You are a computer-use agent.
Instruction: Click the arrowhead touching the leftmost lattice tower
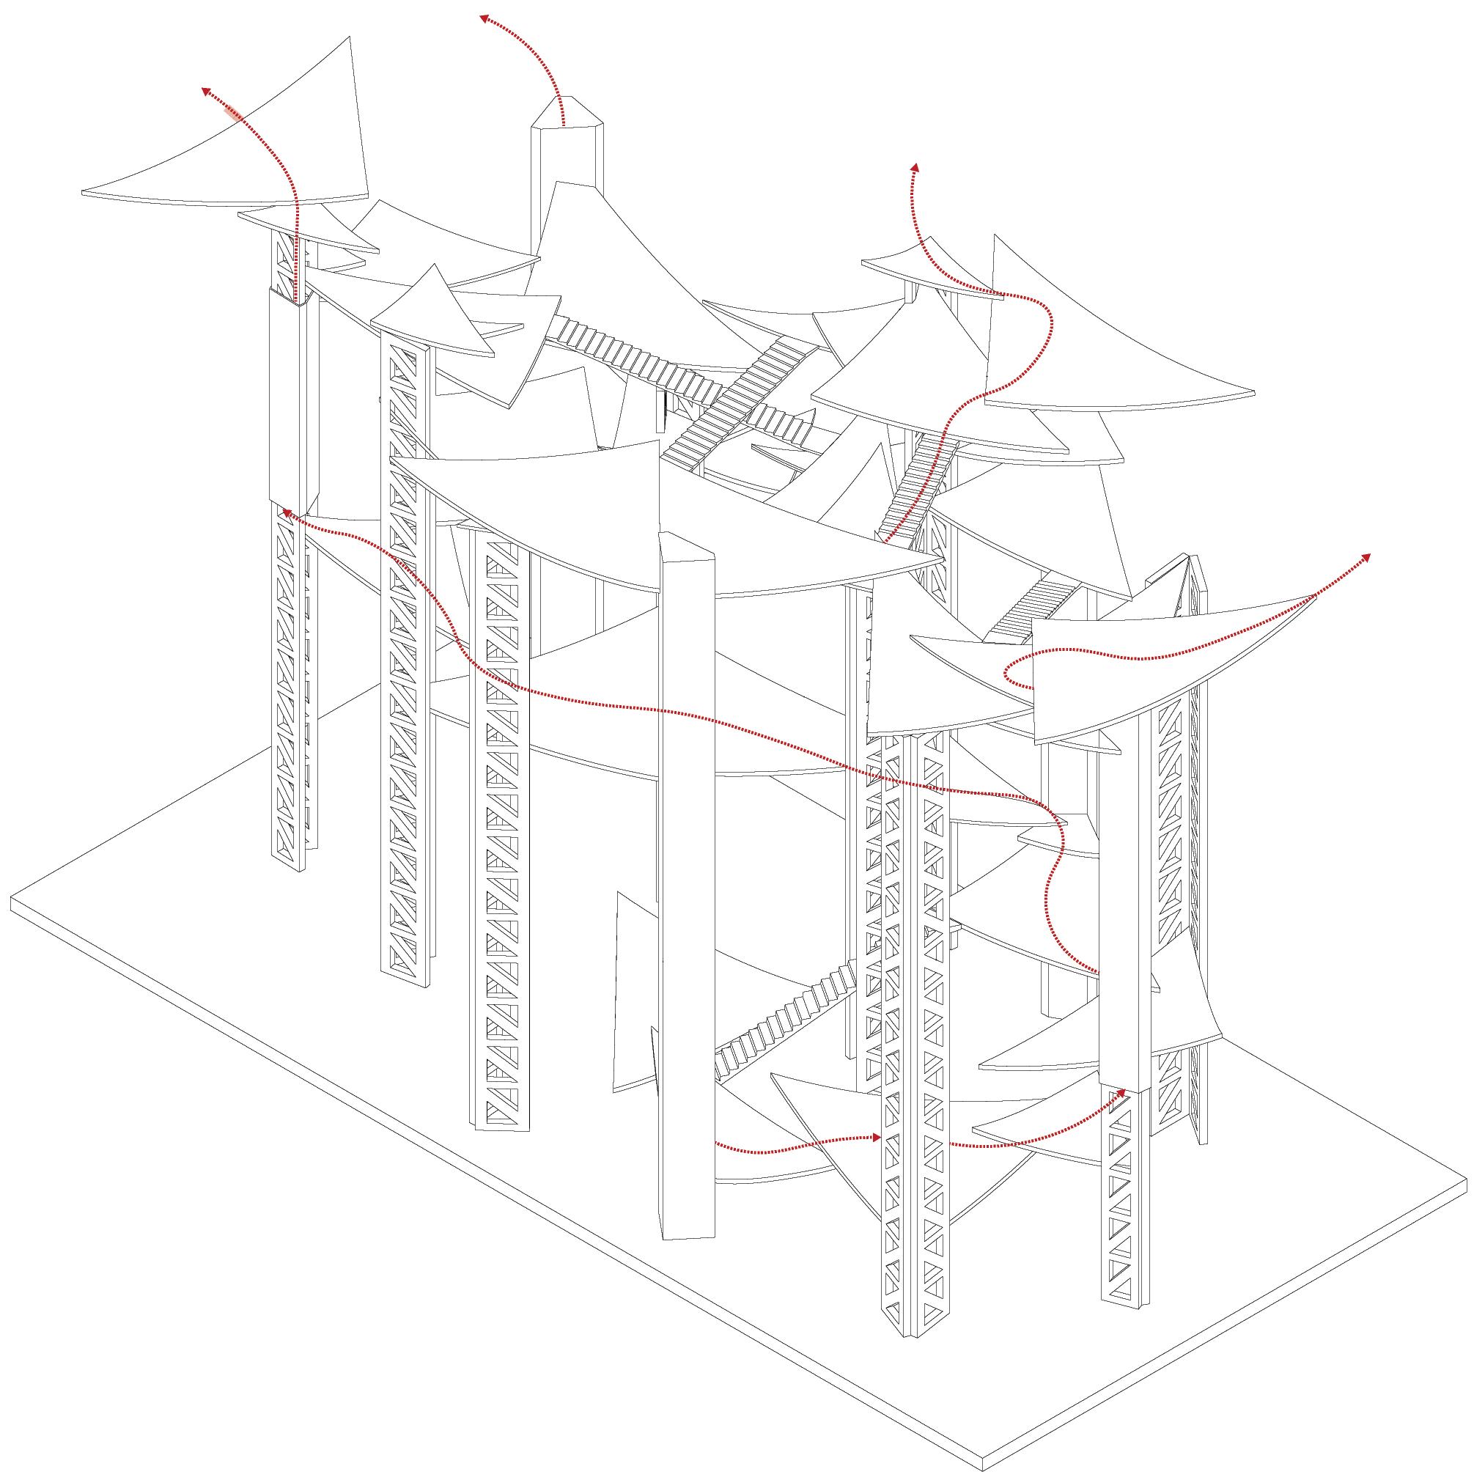pos(285,511)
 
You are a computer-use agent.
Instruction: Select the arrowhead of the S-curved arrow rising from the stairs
pos(914,166)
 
